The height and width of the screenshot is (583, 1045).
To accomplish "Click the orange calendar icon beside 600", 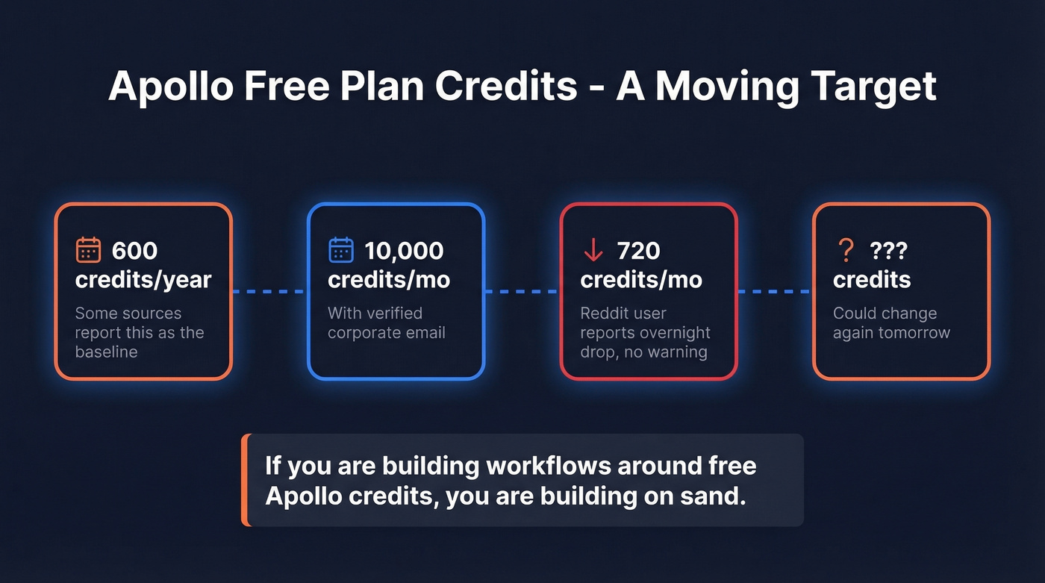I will [x=88, y=250].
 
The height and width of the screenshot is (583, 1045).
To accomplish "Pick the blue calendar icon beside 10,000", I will [x=341, y=250].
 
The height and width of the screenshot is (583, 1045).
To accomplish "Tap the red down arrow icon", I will [x=593, y=251].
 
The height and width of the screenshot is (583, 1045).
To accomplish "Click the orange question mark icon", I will [x=846, y=251].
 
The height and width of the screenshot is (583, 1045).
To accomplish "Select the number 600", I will [x=134, y=251].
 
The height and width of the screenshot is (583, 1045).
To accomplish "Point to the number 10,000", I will [x=404, y=251].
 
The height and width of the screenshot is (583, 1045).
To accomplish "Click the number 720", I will [x=638, y=251].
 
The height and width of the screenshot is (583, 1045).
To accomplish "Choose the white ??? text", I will [x=888, y=251].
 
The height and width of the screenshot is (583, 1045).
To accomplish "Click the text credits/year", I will [x=143, y=280].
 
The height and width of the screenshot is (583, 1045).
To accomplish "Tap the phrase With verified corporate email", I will [x=386, y=323].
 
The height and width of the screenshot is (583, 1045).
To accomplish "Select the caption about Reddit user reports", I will [x=645, y=333].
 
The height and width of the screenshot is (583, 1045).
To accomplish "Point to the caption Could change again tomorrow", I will [x=891, y=323].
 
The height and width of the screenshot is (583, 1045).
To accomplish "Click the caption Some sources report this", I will [x=139, y=333].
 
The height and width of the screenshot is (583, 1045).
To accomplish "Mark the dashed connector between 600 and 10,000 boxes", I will [x=269, y=291].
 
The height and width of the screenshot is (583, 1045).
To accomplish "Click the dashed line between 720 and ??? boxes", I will [x=774, y=291].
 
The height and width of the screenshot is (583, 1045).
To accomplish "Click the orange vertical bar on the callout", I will [x=244, y=480].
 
